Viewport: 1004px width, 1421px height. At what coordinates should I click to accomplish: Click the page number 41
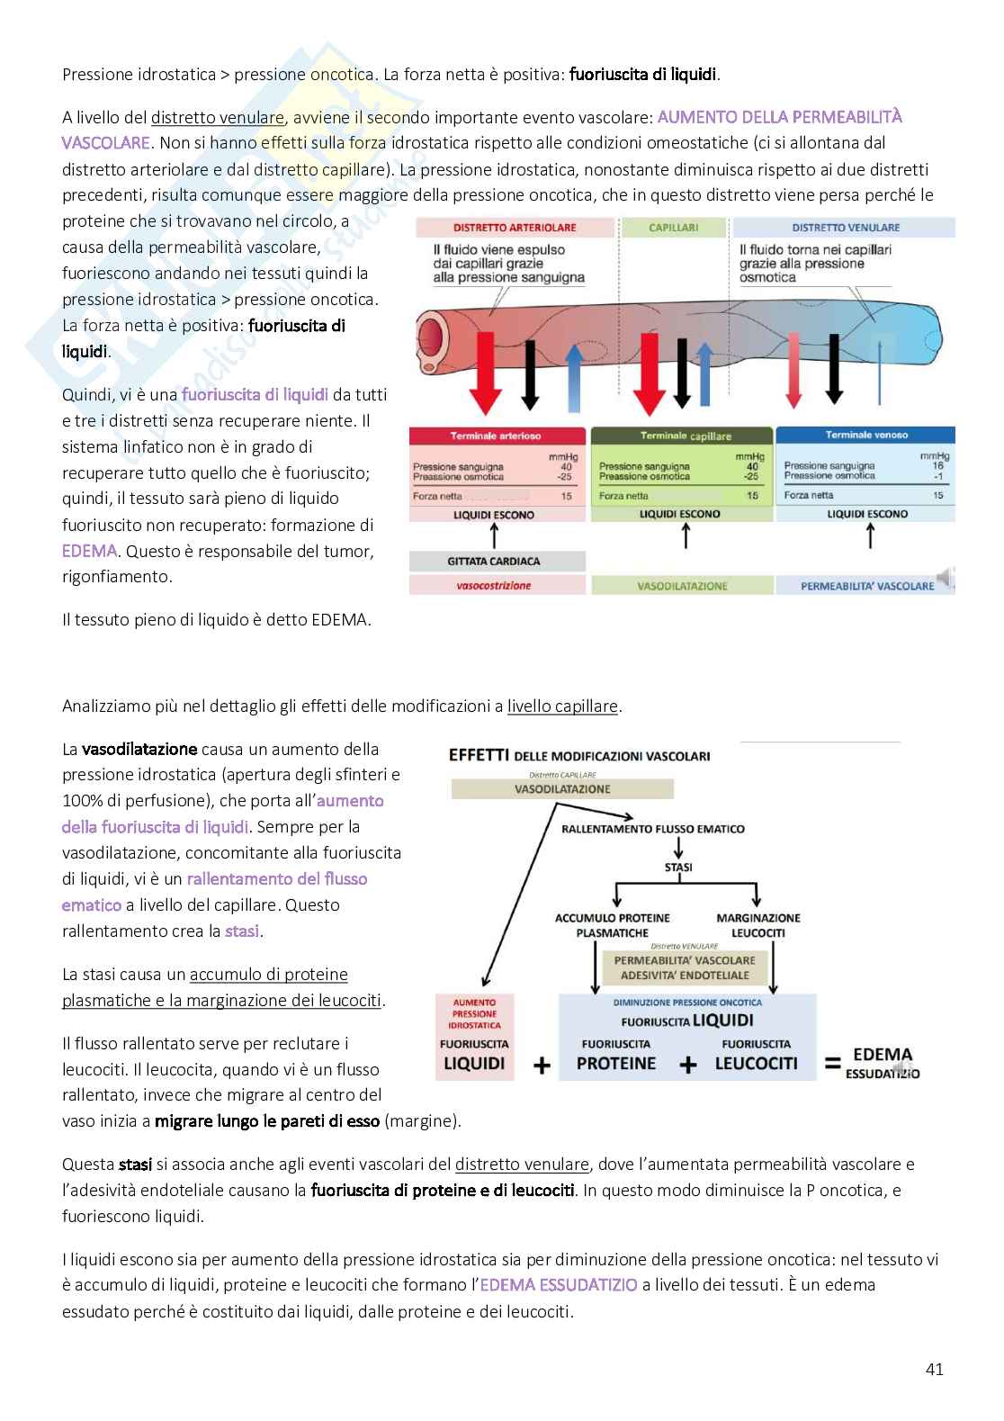pyautogui.click(x=934, y=1369)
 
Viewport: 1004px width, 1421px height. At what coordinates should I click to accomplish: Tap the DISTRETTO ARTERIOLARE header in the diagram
pyautogui.click(x=515, y=228)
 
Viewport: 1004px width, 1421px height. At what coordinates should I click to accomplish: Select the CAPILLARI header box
pyautogui.click(x=674, y=228)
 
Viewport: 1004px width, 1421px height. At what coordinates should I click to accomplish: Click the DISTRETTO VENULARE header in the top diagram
pyautogui.click(x=845, y=228)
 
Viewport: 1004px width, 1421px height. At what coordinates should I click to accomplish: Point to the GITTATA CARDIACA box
pyautogui.click(x=494, y=562)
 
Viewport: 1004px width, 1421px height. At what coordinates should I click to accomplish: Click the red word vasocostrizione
pyautogui.click(x=494, y=586)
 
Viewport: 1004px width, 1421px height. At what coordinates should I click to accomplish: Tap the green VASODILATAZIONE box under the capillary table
pyautogui.click(x=682, y=586)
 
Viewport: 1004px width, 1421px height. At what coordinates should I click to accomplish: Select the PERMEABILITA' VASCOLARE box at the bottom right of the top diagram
pyautogui.click(x=867, y=586)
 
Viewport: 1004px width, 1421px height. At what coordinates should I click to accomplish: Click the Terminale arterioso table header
pyautogui.click(x=496, y=436)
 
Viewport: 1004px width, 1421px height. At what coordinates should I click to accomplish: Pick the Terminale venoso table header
pyautogui.click(x=866, y=435)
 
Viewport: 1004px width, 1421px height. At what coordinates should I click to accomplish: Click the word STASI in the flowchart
pyautogui.click(x=678, y=868)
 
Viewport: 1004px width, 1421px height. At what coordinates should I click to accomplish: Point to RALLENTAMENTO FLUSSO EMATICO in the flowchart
pyautogui.click(x=653, y=829)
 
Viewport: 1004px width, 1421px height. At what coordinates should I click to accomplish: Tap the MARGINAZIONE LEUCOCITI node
pyautogui.click(x=758, y=925)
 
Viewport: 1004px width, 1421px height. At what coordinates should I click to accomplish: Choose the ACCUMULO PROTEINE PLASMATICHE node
pyautogui.click(x=612, y=925)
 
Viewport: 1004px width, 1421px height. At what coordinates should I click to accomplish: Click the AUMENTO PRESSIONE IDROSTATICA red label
pyautogui.click(x=474, y=1013)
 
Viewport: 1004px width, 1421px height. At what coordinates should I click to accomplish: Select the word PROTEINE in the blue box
pyautogui.click(x=616, y=1064)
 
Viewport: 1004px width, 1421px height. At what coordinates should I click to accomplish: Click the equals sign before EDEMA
pyautogui.click(x=833, y=1064)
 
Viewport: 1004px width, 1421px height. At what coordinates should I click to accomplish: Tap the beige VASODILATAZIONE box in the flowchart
pyautogui.click(x=562, y=789)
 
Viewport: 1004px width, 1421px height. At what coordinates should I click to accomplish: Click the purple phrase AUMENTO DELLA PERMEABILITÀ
pyautogui.click(x=779, y=117)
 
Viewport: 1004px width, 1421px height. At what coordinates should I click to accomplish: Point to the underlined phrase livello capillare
pyautogui.click(x=562, y=706)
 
